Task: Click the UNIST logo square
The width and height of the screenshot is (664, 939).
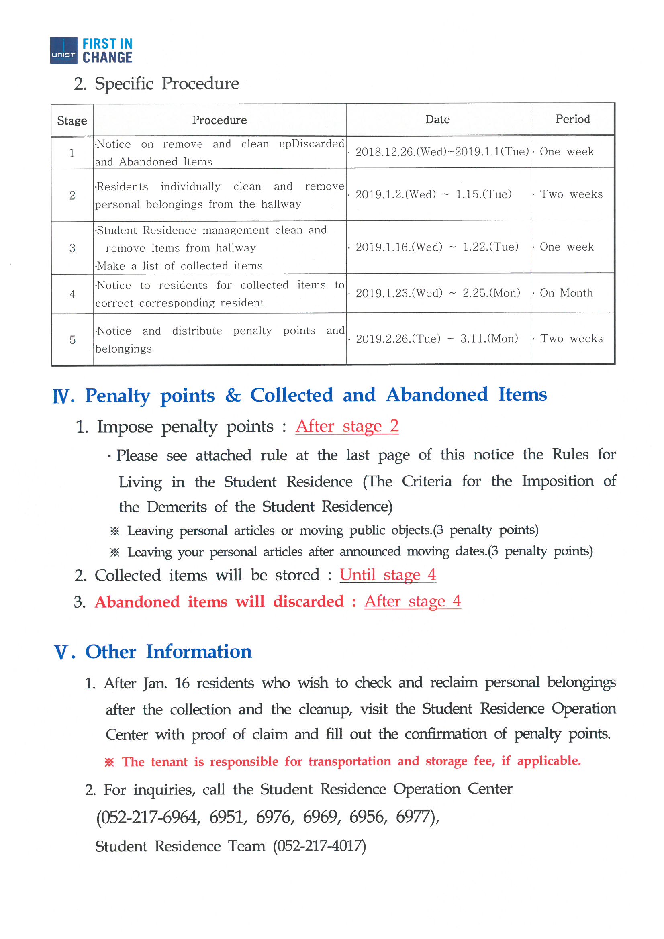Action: click(x=63, y=50)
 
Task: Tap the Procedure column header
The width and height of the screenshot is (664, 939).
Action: click(x=219, y=120)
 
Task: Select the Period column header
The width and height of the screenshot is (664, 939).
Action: click(x=572, y=119)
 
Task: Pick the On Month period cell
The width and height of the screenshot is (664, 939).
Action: click(x=566, y=293)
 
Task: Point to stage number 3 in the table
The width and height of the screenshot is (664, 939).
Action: click(x=72, y=248)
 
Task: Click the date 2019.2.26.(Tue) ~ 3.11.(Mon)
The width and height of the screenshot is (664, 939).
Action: click(x=437, y=339)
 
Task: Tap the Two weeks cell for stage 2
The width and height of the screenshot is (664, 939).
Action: click(x=571, y=194)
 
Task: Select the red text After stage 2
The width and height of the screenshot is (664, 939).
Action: click(x=347, y=426)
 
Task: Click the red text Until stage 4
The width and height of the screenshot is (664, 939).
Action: click(x=388, y=575)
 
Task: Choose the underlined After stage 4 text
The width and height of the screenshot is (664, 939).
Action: click(x=413, y=601)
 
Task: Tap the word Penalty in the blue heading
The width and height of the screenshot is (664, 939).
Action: click(x=117, y=396)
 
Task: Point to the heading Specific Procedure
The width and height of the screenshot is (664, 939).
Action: click(x=167, y=84)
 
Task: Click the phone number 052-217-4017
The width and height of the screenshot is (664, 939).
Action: click(x=319, y=846)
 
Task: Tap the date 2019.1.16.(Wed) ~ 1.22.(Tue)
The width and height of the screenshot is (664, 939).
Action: click(x=437, y=247)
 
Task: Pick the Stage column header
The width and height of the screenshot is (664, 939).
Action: click(x=72, y=120)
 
